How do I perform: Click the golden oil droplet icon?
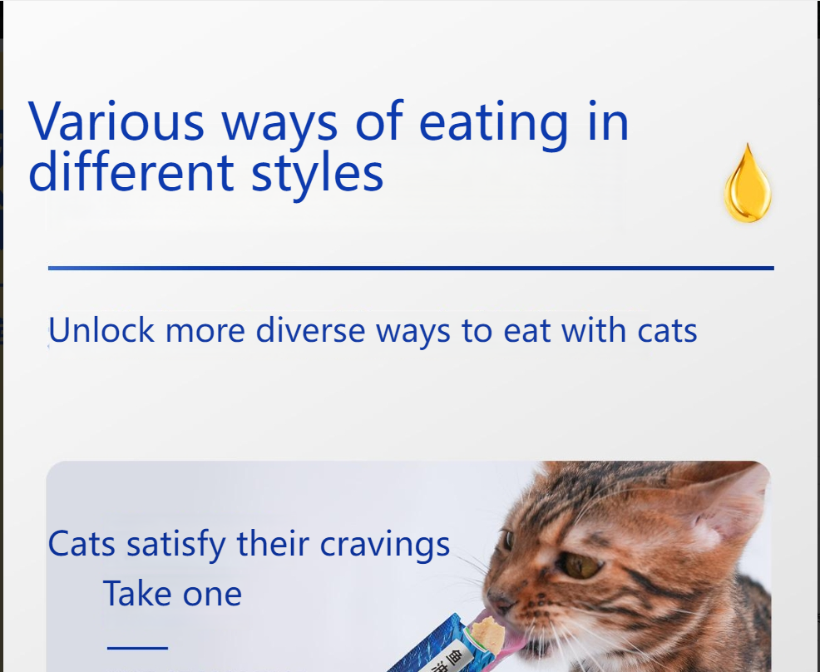click(x=748, y=185)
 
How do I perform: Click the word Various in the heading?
click(x=116, y=121)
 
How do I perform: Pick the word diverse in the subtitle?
click(x=311, y=331)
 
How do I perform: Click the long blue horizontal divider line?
click(x=411, y=268)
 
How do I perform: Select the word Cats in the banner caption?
click(x=82, y=545)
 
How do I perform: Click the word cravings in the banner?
click(x=385, y=546)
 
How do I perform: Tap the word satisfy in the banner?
click(x=175, y=546)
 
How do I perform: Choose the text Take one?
click(x=172, y=594)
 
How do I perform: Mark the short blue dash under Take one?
click(x=137, y=646)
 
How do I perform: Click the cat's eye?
click(x=581, y=566)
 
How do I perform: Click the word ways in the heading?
click(x=279, y=123)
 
